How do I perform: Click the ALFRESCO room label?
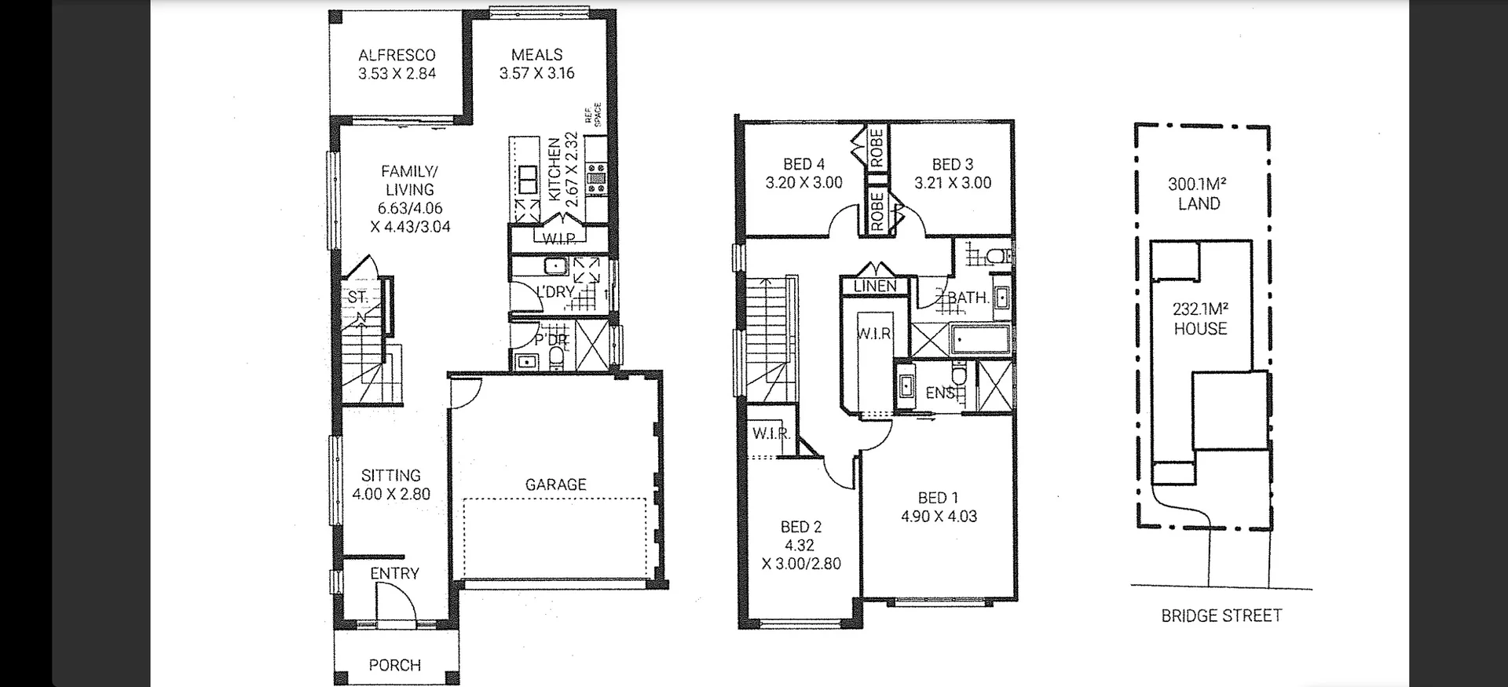397,55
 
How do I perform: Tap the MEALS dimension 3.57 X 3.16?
536,73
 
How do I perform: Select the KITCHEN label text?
555,170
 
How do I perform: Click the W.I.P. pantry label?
558,239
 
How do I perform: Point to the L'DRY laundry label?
555,291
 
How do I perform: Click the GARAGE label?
555,484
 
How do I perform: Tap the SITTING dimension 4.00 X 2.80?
391,494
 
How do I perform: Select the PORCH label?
394,665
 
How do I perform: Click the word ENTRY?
394,574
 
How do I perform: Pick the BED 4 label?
803,164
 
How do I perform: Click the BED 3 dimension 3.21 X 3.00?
953,183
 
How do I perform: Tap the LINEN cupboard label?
874,286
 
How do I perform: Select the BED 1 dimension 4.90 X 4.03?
939,516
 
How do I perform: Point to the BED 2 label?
800,527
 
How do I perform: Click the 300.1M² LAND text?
1198,194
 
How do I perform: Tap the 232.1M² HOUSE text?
1200,319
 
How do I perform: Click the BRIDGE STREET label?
1221,616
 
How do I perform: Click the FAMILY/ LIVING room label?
409,181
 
